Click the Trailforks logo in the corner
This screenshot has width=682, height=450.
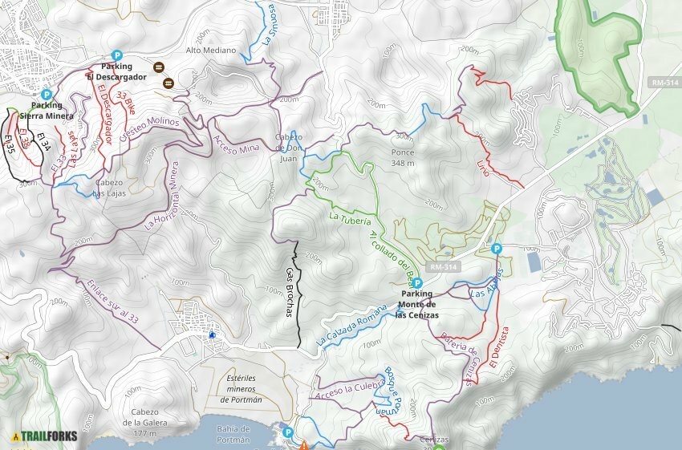44,436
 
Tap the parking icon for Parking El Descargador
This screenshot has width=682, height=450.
117,55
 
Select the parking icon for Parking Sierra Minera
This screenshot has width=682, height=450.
47,95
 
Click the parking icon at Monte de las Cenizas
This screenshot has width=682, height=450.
417,283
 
